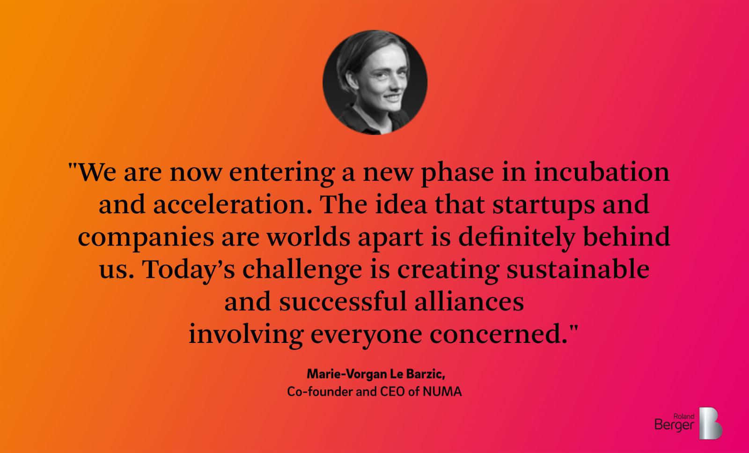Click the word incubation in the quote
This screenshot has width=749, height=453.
[x=602, y=172]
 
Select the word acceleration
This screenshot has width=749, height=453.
[x=233, y=204]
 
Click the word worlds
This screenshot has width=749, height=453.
[x=308, y=236]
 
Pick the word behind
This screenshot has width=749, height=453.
[x=627, y=236]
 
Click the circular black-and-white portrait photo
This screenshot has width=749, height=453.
[x=375, y=82]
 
